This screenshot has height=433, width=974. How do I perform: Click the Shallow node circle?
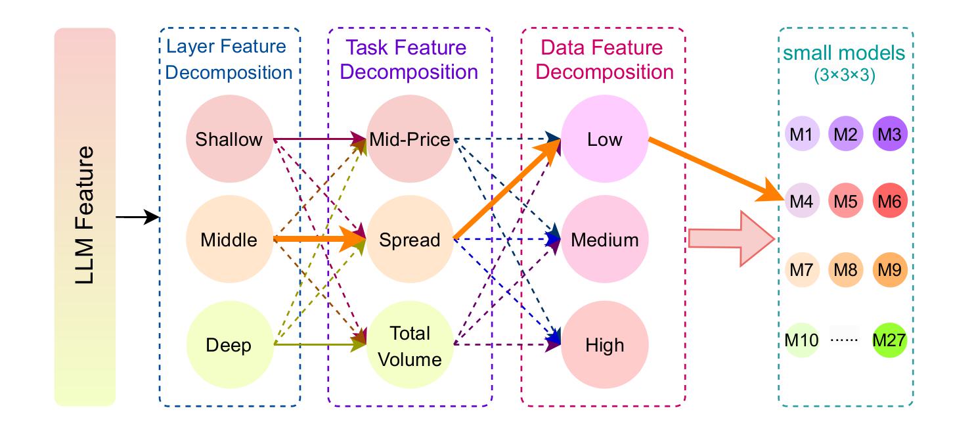pos(229,139)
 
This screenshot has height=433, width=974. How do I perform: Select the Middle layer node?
pos(229,239)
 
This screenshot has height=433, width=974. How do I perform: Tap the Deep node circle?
pos(230,345)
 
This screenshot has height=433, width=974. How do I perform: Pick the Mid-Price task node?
pos(410,139)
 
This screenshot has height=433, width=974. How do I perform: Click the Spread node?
pos(410,239)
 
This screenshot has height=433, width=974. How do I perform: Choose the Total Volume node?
pos(410,345)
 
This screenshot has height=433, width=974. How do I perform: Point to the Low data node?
pos(604,139)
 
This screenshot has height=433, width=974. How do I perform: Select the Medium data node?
pos(604,239)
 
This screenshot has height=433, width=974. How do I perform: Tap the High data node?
pos(604,345)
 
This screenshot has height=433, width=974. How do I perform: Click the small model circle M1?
pos(802,133)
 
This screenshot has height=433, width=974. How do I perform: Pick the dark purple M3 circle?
pos(890,133)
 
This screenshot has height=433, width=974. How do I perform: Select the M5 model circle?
pos(846,200)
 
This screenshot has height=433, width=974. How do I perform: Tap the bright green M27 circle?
pos(890,340)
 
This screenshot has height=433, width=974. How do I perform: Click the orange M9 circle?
pos(890,270)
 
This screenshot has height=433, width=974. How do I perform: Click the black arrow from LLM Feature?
pos(137,217)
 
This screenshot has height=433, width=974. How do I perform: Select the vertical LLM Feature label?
pos(84,215)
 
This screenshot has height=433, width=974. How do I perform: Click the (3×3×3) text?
pos(845,76)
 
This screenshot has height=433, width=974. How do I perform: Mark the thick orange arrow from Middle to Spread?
pos(320,239)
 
